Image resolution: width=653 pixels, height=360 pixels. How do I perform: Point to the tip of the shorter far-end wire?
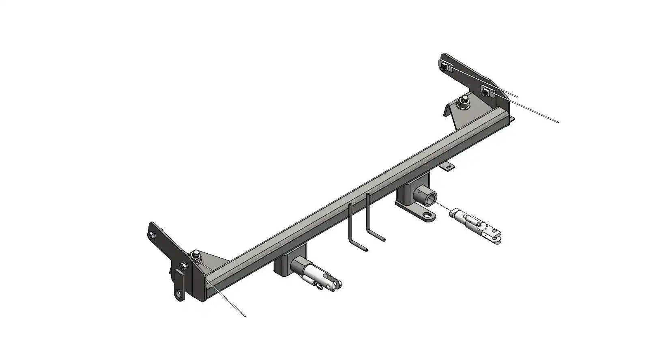point(517,97)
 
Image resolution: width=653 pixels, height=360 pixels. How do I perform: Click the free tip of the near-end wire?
point(245,316)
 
